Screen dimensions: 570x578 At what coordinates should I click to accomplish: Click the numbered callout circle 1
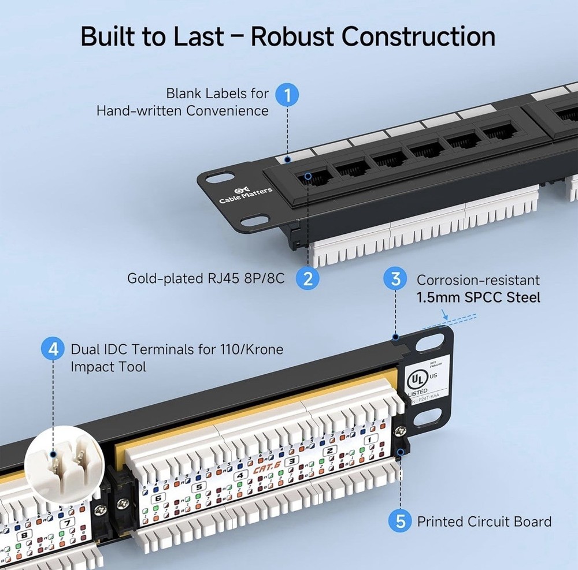click(287, 95)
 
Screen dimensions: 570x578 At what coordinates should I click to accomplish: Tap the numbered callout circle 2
click(307, 278)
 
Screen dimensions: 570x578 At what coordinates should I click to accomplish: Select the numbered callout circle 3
click(396, 280)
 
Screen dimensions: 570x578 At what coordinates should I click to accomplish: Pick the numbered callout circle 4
click(53, 349)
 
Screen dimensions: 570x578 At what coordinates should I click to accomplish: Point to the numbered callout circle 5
click(401, 521)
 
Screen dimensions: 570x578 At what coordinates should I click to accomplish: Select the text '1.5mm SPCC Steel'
click(479, 297)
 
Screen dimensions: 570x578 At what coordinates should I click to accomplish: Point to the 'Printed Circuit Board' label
click(484, 521)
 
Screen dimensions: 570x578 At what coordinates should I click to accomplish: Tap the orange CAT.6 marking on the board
click(264, 470)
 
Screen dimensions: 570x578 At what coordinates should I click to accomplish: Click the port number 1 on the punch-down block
click(370, 439)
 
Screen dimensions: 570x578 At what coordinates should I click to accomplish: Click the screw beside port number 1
click(398, 430)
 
